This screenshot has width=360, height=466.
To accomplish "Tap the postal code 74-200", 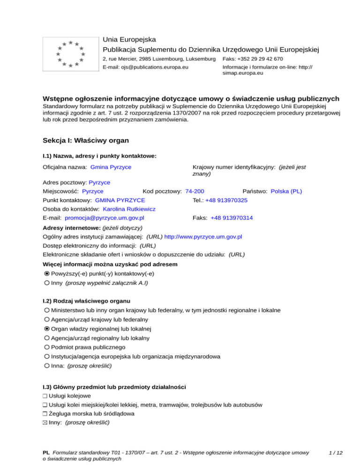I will click(x=195, y=191).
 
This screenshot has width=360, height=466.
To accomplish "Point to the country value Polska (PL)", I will click(x=286, y=191).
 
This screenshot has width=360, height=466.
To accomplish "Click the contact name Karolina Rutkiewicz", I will click(x=129, y=209).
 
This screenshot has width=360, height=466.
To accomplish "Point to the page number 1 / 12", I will click(x=335, y=452).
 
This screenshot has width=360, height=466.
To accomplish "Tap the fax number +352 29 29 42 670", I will click(x=253, y=59).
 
